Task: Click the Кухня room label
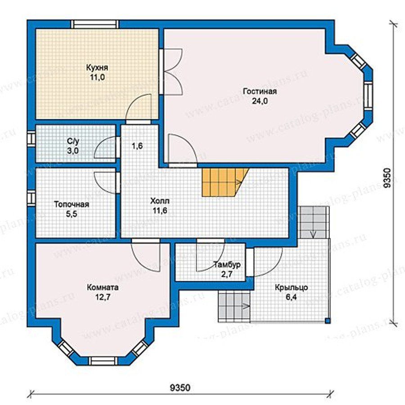tap(97, 67)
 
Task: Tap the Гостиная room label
tap(260, 91)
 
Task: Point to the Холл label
tap(160, 201)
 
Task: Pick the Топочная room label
tap(72, 204)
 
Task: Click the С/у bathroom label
tap(72, 141)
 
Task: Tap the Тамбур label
tap(227, 265)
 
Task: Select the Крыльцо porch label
tap(291, 287)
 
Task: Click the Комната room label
tap(103, 287)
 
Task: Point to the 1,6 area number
tap(137, 146)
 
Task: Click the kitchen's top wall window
tap(95, 24)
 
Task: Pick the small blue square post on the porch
tap(327, 321)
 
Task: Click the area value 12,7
tap(103, 297)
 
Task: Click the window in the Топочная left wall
tap(31, 198)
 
